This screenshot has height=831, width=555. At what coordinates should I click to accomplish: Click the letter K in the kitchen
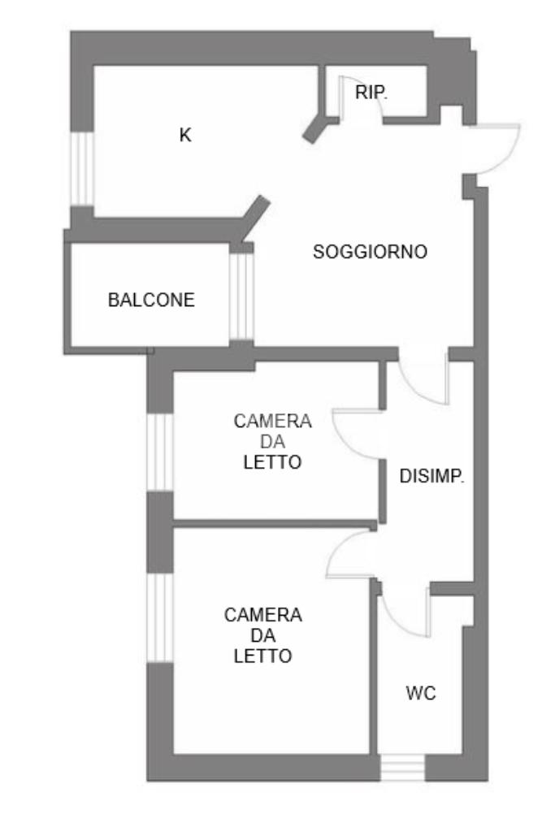[185, 135]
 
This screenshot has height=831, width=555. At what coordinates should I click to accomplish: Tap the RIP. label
[371, 93]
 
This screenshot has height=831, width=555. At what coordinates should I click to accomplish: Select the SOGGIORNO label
[370, 252]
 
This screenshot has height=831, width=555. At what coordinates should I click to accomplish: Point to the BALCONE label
[151, 300]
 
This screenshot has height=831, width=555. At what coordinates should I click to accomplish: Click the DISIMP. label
[431, 477]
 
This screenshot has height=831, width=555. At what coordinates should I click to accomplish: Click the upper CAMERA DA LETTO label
[272, 442]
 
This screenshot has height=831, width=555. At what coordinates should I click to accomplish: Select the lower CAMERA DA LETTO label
[262, 635]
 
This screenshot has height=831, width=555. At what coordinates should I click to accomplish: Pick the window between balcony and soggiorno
[241, 296]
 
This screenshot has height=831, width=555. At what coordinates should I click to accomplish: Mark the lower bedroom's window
[160, 617]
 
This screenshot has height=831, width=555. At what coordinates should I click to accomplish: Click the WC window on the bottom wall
[402, 768]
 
